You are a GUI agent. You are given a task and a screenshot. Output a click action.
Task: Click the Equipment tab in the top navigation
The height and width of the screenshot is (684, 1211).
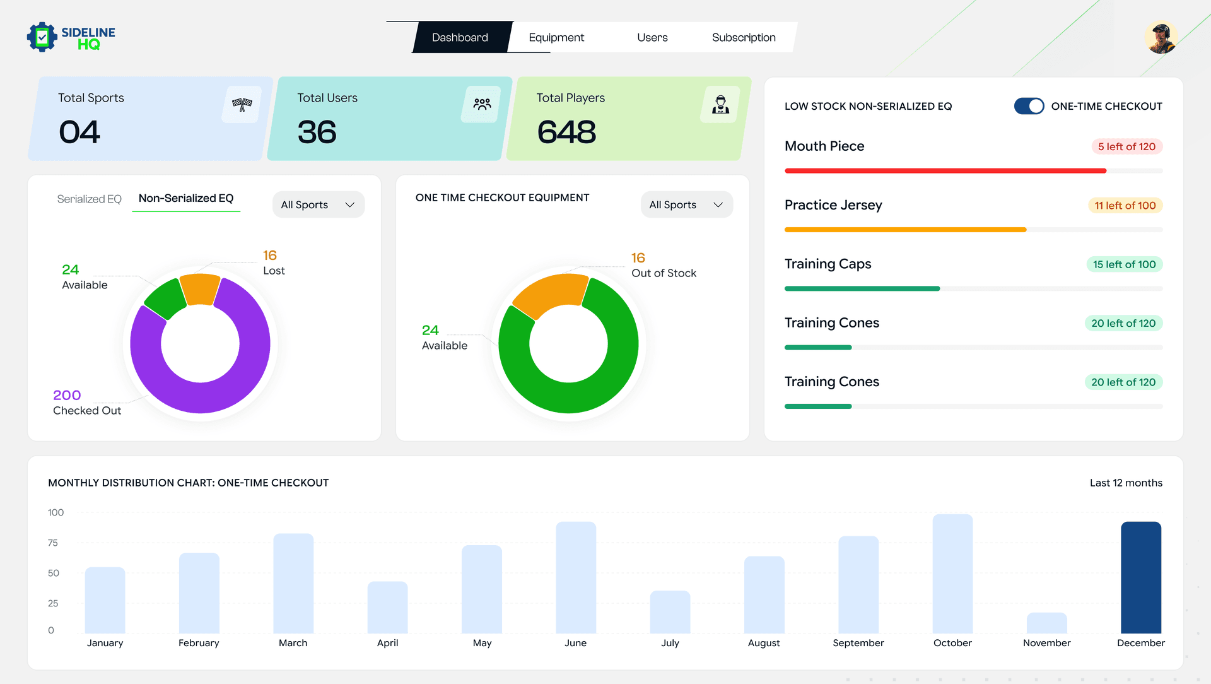[x=556, y=37]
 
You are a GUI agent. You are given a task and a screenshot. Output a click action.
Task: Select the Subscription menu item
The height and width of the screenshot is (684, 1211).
[x=743, y=37]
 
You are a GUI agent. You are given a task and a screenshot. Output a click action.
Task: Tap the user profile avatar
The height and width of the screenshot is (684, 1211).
[x=1161, y=38]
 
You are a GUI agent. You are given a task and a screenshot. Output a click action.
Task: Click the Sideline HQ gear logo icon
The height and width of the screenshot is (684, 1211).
[x=42, y=37]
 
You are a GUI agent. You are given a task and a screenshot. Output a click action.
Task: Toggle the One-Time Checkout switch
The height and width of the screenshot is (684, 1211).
[x=1028, y=106]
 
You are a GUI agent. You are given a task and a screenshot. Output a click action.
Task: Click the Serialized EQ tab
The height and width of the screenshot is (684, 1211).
[x=89, y=199]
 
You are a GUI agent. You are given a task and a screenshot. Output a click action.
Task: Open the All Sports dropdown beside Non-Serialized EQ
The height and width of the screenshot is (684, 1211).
[x=318, y=204]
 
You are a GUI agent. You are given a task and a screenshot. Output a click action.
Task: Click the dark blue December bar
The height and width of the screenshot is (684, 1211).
[x=1140, y=577]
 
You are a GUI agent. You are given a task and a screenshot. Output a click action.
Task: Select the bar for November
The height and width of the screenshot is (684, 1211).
[x=1046, y=623]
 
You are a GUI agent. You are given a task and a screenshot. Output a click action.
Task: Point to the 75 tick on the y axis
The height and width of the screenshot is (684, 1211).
[x=53, y=543]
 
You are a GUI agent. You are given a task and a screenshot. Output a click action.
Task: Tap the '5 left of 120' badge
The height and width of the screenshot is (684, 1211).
[x=1126, y=146]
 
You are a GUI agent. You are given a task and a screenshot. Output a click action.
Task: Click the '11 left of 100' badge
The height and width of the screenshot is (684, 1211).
[x=1125, y=206]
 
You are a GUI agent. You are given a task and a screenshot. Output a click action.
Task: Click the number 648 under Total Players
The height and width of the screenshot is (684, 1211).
[x=566, y=132]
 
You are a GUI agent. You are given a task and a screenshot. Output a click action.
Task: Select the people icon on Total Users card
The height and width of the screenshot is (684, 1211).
[x=482, y=104]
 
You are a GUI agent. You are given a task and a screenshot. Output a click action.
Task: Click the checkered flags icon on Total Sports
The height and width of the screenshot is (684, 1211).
[x=242, y=104]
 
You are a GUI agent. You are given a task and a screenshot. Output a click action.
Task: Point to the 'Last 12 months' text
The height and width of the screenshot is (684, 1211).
[x=1126, y=483]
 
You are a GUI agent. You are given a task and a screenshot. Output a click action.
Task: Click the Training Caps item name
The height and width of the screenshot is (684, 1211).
[x=828, y=264]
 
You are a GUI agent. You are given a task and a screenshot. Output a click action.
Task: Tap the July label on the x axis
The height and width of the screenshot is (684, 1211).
[x=670, y=643]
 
